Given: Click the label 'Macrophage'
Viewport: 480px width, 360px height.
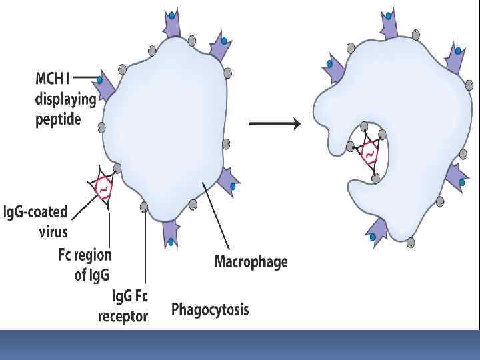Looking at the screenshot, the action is click(x=251, y=261).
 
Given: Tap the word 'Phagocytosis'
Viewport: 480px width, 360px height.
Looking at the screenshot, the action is click(x=210, y=309).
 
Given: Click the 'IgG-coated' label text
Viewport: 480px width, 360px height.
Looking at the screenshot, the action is click(x=36, y=213).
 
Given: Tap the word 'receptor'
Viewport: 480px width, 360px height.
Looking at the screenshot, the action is click(x=123, y=316).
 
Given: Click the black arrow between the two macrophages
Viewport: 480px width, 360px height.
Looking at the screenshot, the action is click(x=275, y=123).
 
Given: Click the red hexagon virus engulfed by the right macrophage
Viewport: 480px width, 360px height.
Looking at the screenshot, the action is click(x=368, y=154).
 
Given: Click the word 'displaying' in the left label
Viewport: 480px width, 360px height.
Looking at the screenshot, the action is click(x=65, y=100).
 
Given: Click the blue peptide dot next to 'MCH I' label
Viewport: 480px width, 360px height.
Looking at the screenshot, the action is click(x=99, y=80).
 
